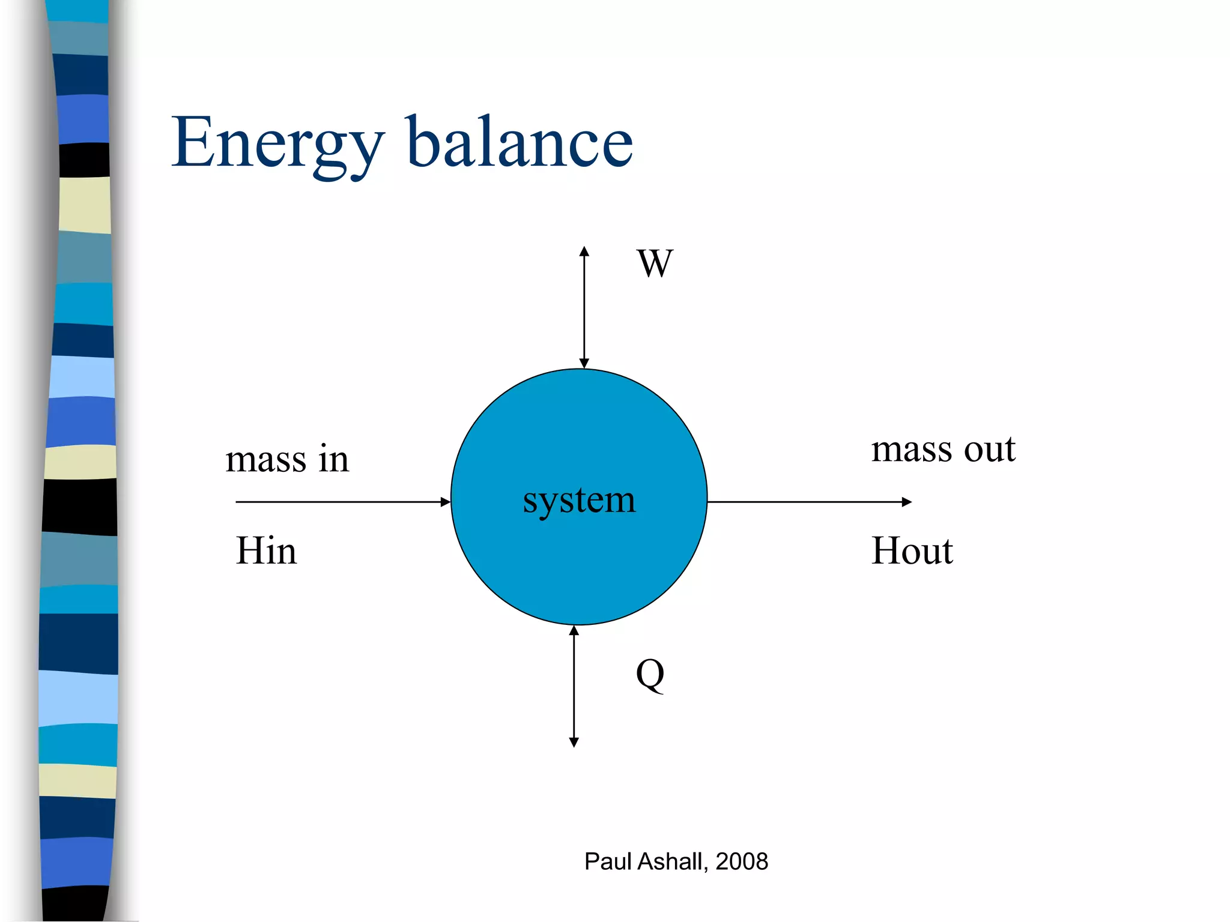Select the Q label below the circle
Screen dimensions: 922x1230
650,675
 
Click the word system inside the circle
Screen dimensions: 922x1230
579,500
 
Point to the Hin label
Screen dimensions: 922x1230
266,551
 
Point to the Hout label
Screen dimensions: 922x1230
912,551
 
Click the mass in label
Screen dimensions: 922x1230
287,460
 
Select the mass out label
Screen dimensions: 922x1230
943,450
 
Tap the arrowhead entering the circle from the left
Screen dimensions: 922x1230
445,502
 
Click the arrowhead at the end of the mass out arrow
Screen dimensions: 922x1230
907,502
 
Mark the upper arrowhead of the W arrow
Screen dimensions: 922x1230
584,252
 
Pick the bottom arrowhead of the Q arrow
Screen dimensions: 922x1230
574,742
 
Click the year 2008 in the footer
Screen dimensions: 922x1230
742,862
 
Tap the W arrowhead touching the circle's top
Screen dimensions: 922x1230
584,363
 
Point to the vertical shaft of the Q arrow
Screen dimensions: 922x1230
574,684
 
